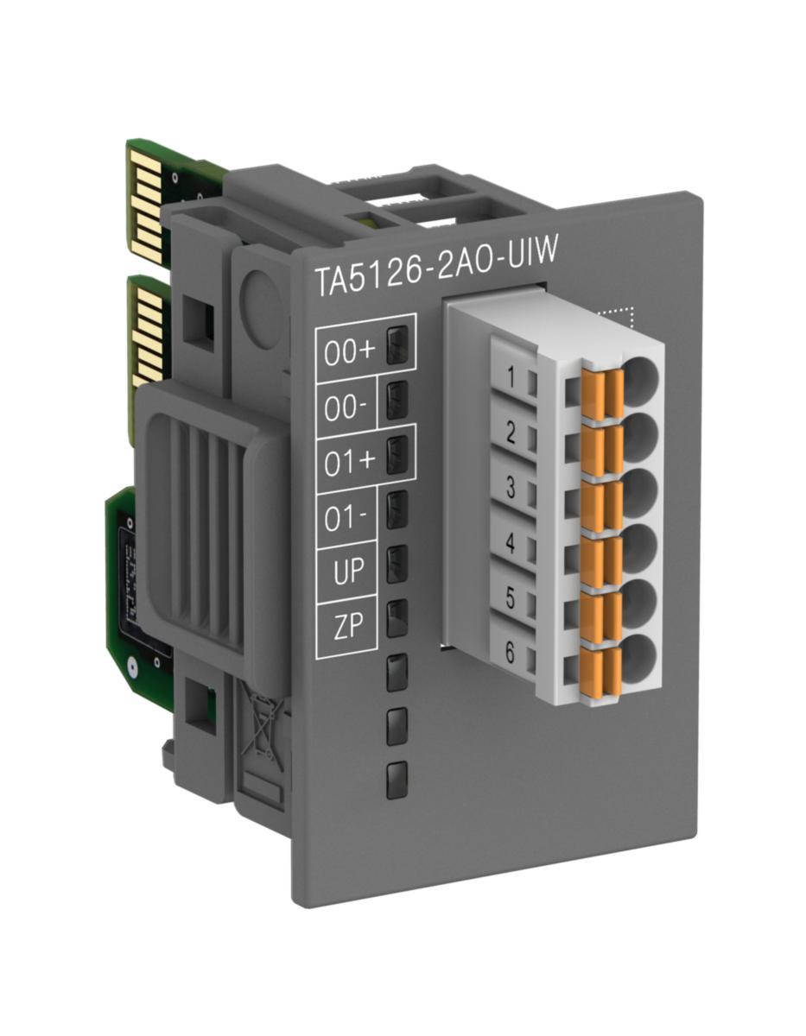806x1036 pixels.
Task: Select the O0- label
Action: (346, 406)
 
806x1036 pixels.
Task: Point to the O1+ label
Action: (350, 462)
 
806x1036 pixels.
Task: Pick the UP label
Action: (347, 572)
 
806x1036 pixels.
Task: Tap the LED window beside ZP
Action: (397, 618)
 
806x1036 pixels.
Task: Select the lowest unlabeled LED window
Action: (397, 780)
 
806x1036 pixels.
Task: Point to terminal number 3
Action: (511, 489)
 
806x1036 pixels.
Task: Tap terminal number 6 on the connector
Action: (510, 653)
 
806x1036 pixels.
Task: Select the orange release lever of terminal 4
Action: (600, 558)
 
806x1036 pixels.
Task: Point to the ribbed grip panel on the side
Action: (207, 518)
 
